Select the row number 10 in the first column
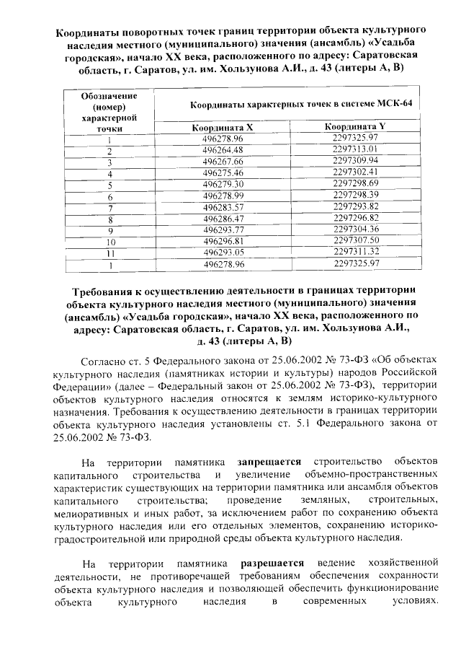point(111,242)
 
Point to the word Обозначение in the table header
point(109,96)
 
